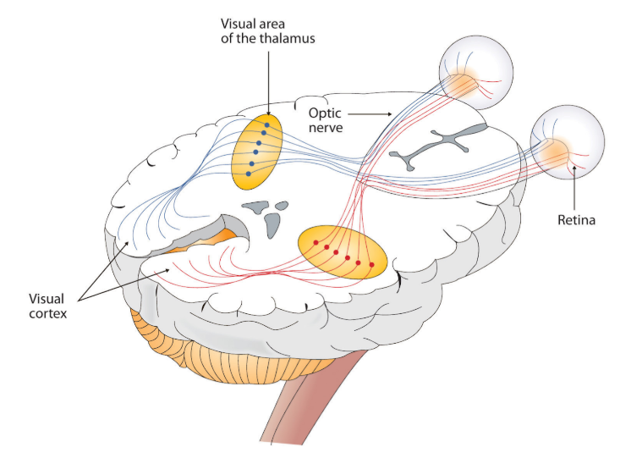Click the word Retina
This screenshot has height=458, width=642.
[577, 220]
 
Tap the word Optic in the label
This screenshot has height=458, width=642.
[325, 113]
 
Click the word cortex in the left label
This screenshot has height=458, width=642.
[47, 314]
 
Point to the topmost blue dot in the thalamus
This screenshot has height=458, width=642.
[267, 125]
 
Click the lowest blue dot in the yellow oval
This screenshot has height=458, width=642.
[249, 174]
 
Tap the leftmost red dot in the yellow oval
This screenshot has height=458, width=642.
[316, 242]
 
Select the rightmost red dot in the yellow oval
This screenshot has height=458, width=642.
[372, 265]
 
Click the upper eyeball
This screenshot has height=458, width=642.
[476, 73]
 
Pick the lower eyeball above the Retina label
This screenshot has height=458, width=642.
[568, 142]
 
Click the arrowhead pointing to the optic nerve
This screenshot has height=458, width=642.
[389, 114]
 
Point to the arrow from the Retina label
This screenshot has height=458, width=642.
[574, 190]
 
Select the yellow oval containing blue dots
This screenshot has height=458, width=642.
[257, 152]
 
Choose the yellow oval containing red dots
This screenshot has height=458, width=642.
[343, 252]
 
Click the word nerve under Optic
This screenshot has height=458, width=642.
[326, 128]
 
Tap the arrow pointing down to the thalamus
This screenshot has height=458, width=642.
[269, 83]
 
